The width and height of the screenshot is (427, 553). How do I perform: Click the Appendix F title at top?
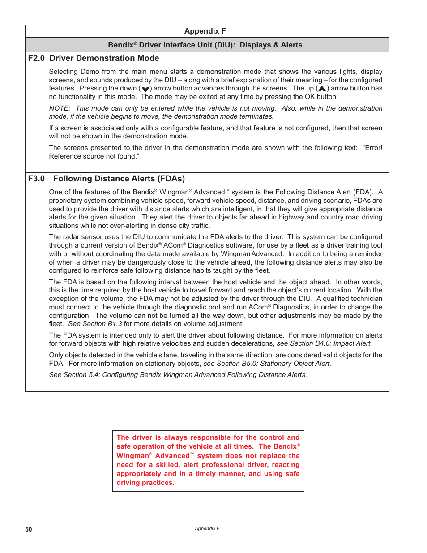tap(205, 31)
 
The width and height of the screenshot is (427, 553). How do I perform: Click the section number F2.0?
tap(36, 58)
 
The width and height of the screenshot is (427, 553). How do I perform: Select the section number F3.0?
tap(36, 179)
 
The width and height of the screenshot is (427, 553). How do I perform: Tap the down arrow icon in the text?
tap(145, 89)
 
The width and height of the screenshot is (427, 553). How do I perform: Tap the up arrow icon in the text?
tap(322, 89)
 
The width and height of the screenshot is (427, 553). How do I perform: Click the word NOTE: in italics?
tap(60, 108)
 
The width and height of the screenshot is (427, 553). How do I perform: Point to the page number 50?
tap(29, 529)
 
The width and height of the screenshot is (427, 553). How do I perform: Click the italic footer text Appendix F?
tap(207, 528)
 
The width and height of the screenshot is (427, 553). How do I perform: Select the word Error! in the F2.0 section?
tap(373, 148)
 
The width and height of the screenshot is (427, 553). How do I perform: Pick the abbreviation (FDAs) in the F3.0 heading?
tap(171, 179)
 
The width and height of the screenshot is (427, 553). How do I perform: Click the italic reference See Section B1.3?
tap(95, 324)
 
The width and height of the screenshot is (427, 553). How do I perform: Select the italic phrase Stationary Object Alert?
tap(295, 364)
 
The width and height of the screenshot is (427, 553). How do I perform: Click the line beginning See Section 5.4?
tap(178, 375)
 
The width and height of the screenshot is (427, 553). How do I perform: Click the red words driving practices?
tap(145, 483)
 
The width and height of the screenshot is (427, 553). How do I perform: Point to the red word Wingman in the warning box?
tap(132, 456)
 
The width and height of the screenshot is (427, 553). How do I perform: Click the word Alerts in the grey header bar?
tap(291, 45)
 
